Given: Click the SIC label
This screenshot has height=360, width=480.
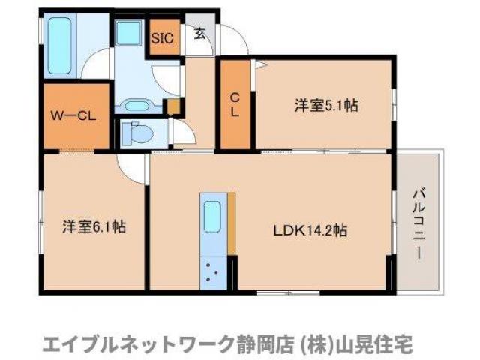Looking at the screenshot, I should pos(163,37).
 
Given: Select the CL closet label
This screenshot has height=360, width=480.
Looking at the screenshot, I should pos(235,104).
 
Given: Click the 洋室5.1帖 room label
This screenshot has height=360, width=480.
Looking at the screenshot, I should pos(325,106).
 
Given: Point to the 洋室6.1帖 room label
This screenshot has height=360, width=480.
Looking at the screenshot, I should pos(94,226).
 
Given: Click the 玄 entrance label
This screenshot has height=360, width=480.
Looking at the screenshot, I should pos(200,33).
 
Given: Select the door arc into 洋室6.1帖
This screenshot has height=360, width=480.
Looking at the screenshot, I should pos(132,168).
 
